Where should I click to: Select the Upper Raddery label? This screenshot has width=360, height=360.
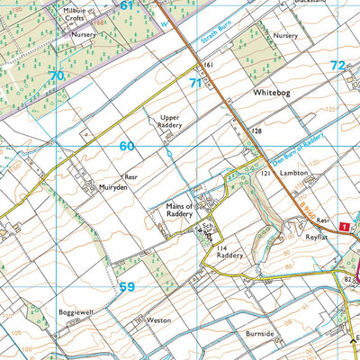coord(176,122)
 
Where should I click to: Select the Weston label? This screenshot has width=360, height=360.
coord(157,319)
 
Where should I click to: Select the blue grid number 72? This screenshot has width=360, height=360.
coord(337,65)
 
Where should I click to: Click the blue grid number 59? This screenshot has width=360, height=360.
coord(127,288)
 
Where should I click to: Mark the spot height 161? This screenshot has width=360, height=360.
coord(207,66)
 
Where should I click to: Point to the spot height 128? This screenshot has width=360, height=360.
coord(256,131)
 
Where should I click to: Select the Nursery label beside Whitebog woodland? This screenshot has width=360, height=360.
coord(285,35)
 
